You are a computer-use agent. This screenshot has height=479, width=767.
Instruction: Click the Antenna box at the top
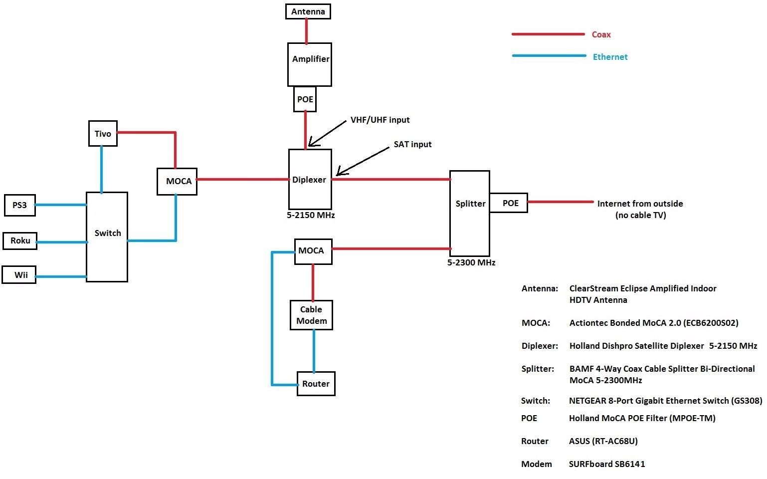pos(308,11)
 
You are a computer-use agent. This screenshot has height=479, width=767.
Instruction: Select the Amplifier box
pos(310,64)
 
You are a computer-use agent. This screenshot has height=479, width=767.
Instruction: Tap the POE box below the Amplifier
pos(305,99)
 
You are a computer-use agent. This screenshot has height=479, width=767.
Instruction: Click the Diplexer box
pos(310,180)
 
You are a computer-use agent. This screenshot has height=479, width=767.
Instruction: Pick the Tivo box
pos(103,134)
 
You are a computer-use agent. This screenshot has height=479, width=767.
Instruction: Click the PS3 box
pos(20,205)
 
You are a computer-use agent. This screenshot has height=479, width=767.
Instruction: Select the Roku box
pos(20,240)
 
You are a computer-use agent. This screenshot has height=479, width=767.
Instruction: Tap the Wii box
pos(19,275)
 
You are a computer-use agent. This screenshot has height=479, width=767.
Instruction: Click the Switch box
pos(107,237)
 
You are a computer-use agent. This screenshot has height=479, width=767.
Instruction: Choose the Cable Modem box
pos(311,315)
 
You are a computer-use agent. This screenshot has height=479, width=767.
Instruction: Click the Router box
pos(316,384)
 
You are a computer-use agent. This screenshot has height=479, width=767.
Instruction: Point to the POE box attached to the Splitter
pos(509,203)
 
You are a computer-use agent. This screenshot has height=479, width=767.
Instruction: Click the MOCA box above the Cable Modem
pos(313,251)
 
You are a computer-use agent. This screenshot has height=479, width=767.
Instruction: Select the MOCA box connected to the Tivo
pos(177,181)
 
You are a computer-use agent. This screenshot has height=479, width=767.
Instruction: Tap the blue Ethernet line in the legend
pos(549,56)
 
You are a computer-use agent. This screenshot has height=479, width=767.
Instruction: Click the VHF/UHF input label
pos(380,120)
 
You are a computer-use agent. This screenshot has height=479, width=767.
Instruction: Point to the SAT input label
pos(412,145)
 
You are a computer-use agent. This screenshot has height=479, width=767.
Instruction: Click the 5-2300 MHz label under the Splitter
pos(471,262)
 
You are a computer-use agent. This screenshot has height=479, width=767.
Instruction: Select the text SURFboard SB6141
pos(607,464)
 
